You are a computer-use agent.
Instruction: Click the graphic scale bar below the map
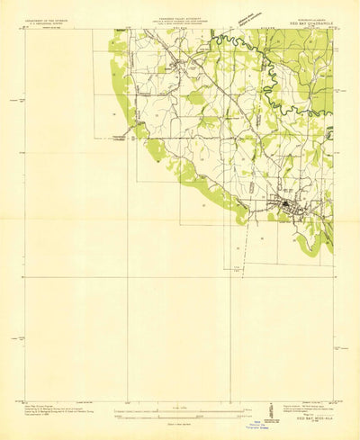point(180,414)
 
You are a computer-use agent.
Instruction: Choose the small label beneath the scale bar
point(180,422)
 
